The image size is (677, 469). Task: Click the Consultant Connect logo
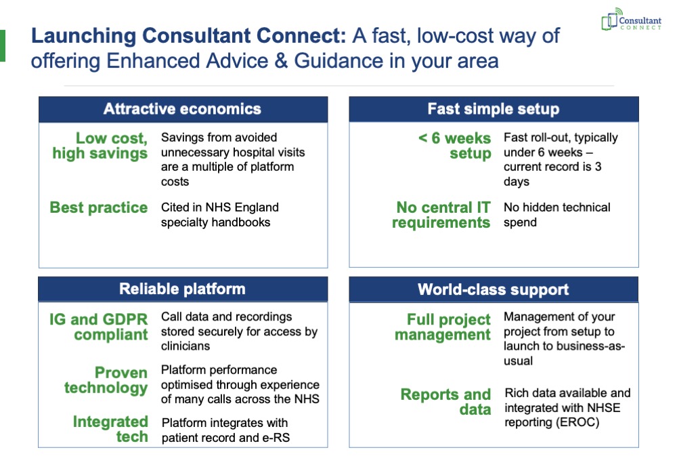tap(631, 20)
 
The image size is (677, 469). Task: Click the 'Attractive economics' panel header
tap(183, 109)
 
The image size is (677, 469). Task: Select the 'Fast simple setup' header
tap(494, 109)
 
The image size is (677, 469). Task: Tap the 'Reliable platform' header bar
tap(183, 289)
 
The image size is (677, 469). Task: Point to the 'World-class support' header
tap(494, 289)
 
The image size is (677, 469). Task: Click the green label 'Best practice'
tap(99, 207)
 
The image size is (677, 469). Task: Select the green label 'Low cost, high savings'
tap(100, 146)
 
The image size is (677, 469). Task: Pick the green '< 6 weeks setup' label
tap(455, 146)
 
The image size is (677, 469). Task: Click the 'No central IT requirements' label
tap(441, 215)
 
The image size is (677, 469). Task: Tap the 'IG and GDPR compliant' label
tap(98, 327)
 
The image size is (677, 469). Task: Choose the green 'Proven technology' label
tap(106, 380)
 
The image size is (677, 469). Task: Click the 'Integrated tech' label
tap(110, 429)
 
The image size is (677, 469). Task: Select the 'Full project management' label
tap(443, 327)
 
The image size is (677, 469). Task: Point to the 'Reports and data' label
tap(445, 402)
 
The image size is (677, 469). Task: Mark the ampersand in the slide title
tap(281, 60)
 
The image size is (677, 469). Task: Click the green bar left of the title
tap(3, 45)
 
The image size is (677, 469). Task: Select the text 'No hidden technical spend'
tap(557, 215)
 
